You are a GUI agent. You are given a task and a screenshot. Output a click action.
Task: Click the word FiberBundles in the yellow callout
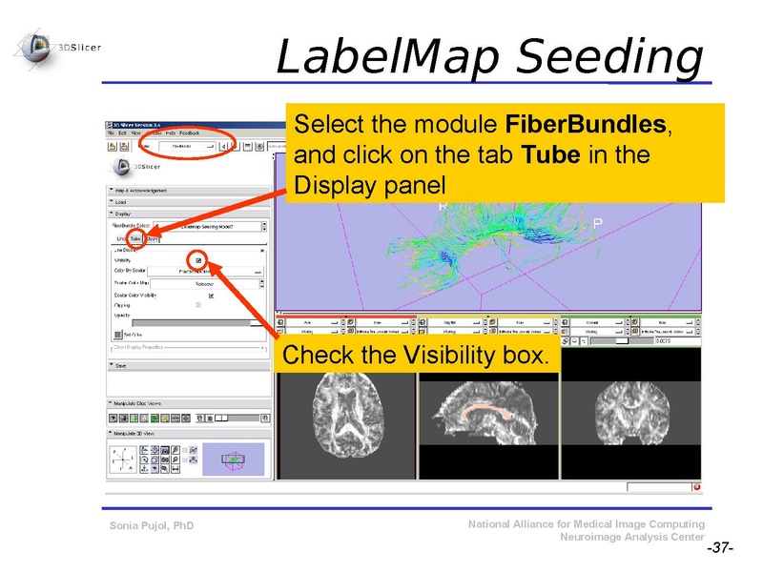(587, 126)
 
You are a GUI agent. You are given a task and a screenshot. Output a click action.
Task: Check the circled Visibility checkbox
(198, 259)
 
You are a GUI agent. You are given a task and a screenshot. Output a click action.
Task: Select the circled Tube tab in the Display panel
(136, 238)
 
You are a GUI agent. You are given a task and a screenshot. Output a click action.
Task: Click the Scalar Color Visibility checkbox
(211, 296)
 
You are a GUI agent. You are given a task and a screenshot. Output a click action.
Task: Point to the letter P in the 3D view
(597, 223)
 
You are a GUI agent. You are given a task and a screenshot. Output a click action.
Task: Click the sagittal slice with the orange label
(486, 411)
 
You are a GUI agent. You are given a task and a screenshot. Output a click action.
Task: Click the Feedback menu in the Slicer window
(189, 133)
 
